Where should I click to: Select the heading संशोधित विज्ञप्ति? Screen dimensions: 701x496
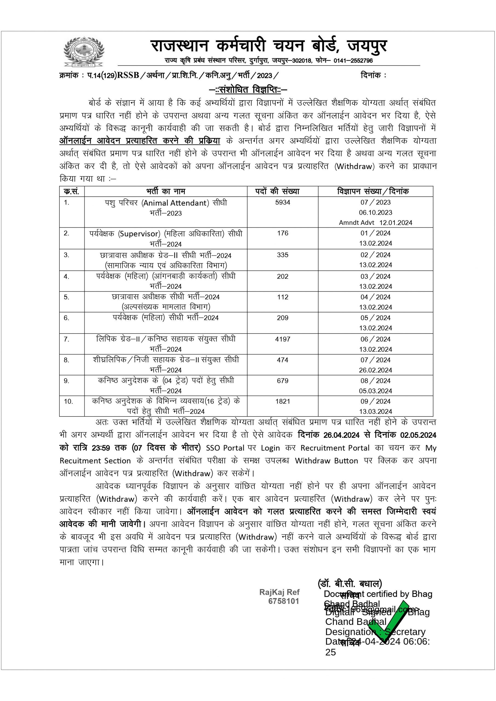coord(248,90)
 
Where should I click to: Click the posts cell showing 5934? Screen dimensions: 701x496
coord(283,202)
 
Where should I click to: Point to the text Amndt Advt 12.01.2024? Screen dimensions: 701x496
coord(375,223)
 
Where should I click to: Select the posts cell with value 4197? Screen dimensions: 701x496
coord(283,339)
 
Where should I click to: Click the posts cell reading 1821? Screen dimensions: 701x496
coord(283,401)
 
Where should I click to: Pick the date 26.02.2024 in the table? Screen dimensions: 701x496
coord(375,370)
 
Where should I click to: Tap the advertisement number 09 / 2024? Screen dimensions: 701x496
coord(375,401)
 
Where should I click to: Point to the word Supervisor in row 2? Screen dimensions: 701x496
coord(139,234)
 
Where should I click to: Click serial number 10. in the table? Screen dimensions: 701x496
coord(68,401)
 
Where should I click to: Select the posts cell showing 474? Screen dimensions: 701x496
coord(283,360)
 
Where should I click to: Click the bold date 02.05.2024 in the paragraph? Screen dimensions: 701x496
coord(418,435)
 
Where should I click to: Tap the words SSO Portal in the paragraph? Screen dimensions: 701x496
coord(225,448)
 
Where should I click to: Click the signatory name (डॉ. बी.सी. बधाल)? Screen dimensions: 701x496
coord(350,584)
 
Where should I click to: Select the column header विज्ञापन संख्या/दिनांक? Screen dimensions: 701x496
coord(372,191)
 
